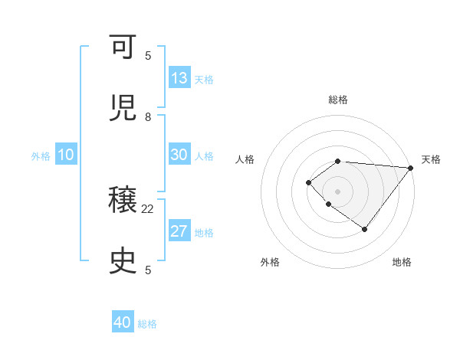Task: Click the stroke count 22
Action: pyautogui.click(x=148, y=208)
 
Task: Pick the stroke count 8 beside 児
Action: pyautogui.click(x=148, y=116)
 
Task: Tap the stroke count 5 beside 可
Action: pyautogui.click(x=148, y=56)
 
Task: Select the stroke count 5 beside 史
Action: pyautogui.click(x=148, y=270)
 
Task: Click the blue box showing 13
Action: pyautogui.click(x=179, y=78)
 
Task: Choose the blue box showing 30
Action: pyautogui.click(x=179, y=155)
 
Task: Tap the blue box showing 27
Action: pyautogui.click(x=179, y=231)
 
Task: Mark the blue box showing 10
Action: pyautogui.click(x=66, y=155)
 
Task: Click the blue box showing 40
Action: pyautogui.click(x=123, y=322)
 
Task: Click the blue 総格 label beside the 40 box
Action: pyautogui.click(x=147, y=324)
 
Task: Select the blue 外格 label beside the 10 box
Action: pyautogui.click(x=41, y=156)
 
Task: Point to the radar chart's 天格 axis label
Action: pyautogui.click(x=431, y=159)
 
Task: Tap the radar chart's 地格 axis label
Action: pyautogui.click(x=402, y=262)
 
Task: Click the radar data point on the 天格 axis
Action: pyautogui.click(x=410, y=168)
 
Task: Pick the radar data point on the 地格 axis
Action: pyautogui.click(x=365, y=229)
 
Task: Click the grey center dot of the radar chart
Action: pyautogui.click(x=337, y=191)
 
